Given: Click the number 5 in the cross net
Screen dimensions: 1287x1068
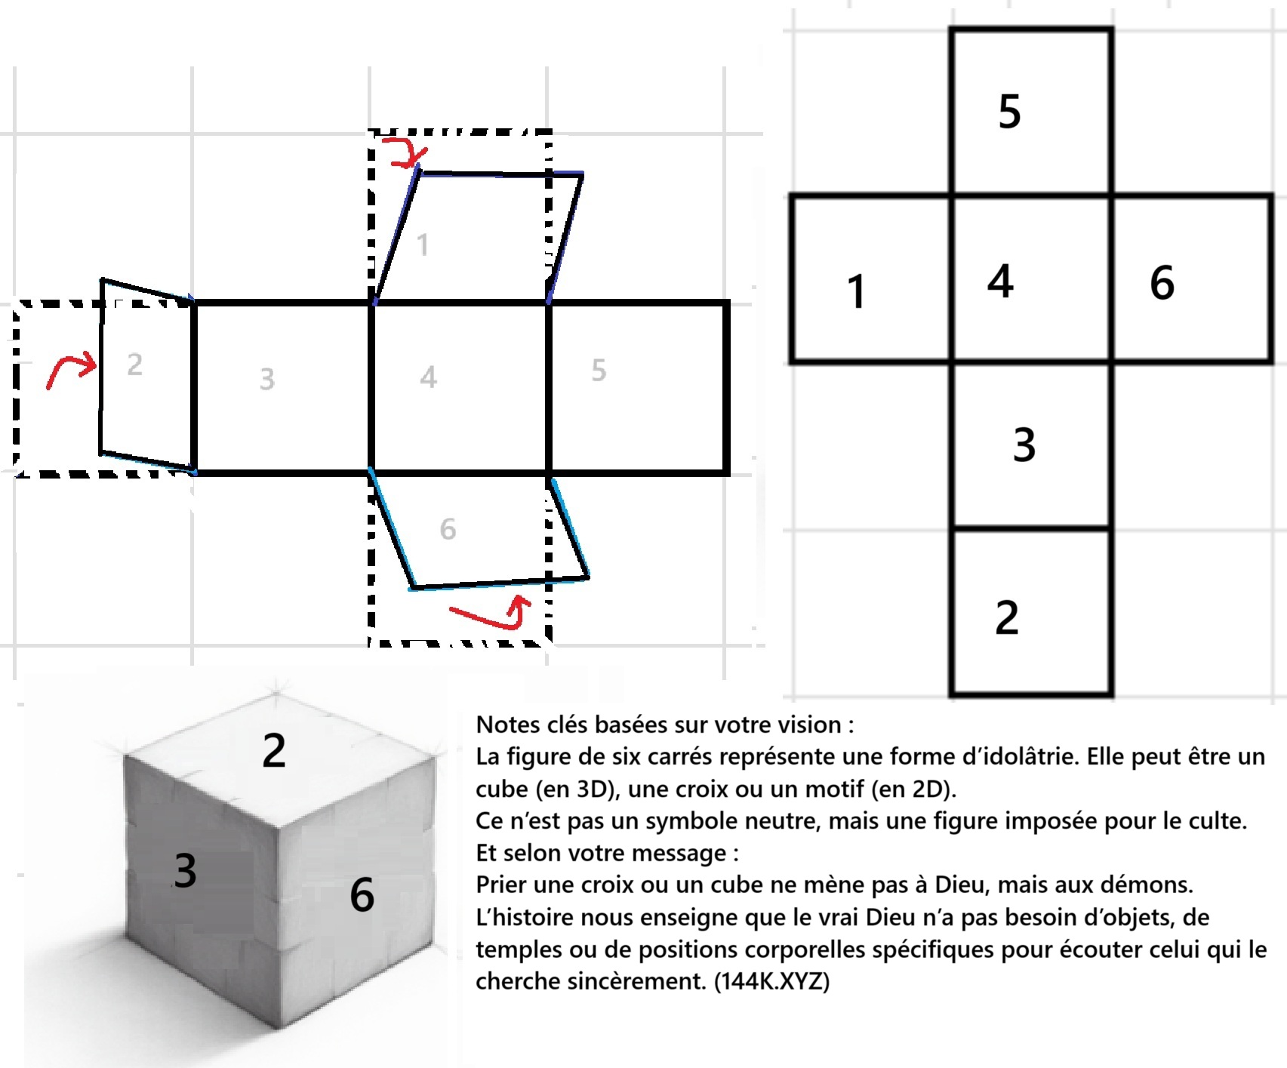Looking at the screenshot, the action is (x=1009, y=112).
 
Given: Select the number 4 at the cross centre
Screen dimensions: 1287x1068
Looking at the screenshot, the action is (x=1000, y=281).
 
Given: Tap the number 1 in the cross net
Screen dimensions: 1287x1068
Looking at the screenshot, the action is (x=855, y=291).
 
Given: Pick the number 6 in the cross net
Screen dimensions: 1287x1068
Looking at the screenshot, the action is (x=1162, y=283).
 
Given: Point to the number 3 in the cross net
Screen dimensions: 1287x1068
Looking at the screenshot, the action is (x=1024, y=445).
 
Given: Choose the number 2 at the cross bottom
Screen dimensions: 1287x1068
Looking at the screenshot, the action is (x=1007, y=617).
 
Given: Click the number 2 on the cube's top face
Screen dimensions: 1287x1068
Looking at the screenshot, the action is (x=274, y=750).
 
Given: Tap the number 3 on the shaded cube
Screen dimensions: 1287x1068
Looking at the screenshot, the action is (x=185, y=869).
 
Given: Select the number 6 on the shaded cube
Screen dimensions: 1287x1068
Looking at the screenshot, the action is (x=362, y=895).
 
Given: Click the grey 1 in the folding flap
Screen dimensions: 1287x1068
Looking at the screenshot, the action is (x=423, y=245).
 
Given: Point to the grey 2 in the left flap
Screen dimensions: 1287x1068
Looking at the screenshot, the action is (x=134, y=365).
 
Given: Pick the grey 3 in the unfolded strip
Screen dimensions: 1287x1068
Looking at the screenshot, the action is (x=267, y=379).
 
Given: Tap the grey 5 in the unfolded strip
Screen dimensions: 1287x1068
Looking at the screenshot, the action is (x=599, y=370).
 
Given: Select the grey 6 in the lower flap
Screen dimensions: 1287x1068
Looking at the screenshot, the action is (x=448, y=529).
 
